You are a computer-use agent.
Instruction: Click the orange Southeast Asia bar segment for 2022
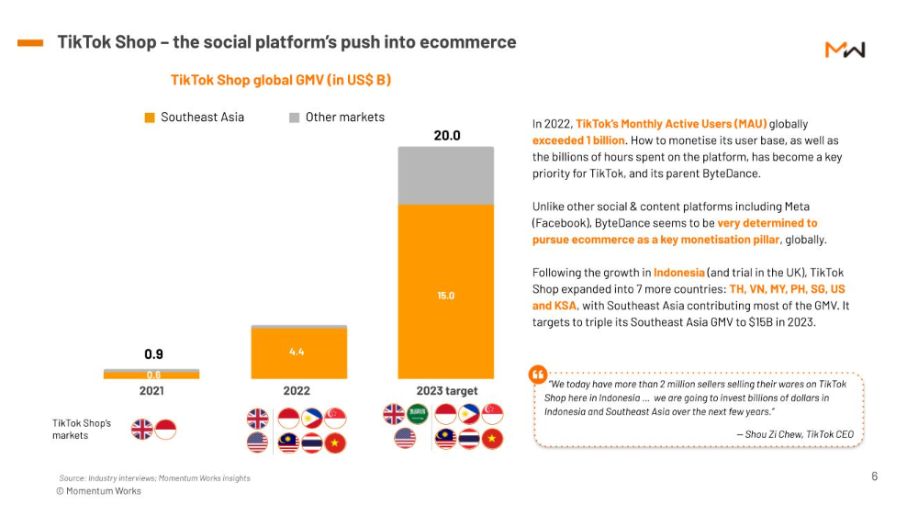[x=298, y=353]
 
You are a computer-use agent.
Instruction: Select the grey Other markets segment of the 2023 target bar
[x=445, y=175]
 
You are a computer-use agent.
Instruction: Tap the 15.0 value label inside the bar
[x=445, y=296]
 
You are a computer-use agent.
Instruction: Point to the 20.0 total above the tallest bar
[x=446, y=136]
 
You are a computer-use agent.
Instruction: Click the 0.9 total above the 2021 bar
[x=153, y=354]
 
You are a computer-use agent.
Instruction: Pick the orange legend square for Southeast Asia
[x=150, y=118]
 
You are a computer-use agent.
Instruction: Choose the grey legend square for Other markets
[x=295, y=118]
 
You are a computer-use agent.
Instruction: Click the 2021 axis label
[x=151, y=391]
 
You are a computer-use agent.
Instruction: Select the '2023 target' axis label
[x=446, y=391]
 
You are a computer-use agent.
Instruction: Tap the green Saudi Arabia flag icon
[x=418, y=414]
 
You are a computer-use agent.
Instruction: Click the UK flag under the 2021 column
[x=142, y=429]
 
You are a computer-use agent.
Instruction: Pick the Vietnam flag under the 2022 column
[x=337, y=443]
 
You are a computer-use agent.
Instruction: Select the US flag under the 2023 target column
[x=405, y=439]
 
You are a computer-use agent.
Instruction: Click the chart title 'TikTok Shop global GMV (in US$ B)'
[x=281, y=81]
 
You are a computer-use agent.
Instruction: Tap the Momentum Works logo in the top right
[x=845, y=50]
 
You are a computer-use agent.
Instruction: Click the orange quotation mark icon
[x=538, y=375]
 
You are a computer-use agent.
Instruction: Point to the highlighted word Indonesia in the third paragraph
[x=678, y=273]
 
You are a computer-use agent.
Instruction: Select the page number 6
[x=874, y=476]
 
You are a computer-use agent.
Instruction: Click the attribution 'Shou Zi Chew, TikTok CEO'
[x=794, y=434]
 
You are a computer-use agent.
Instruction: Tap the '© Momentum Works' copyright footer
[x=99, y=491]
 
